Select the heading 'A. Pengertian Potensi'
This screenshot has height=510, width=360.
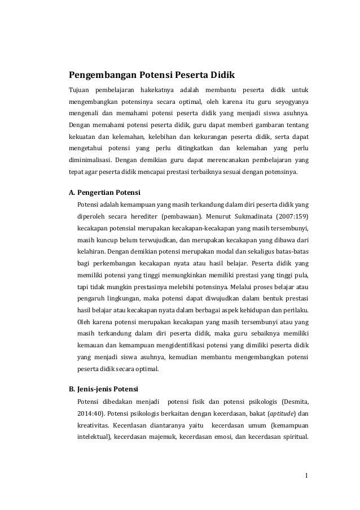coord(104,191)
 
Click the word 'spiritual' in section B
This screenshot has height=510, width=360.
coord(294,438)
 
